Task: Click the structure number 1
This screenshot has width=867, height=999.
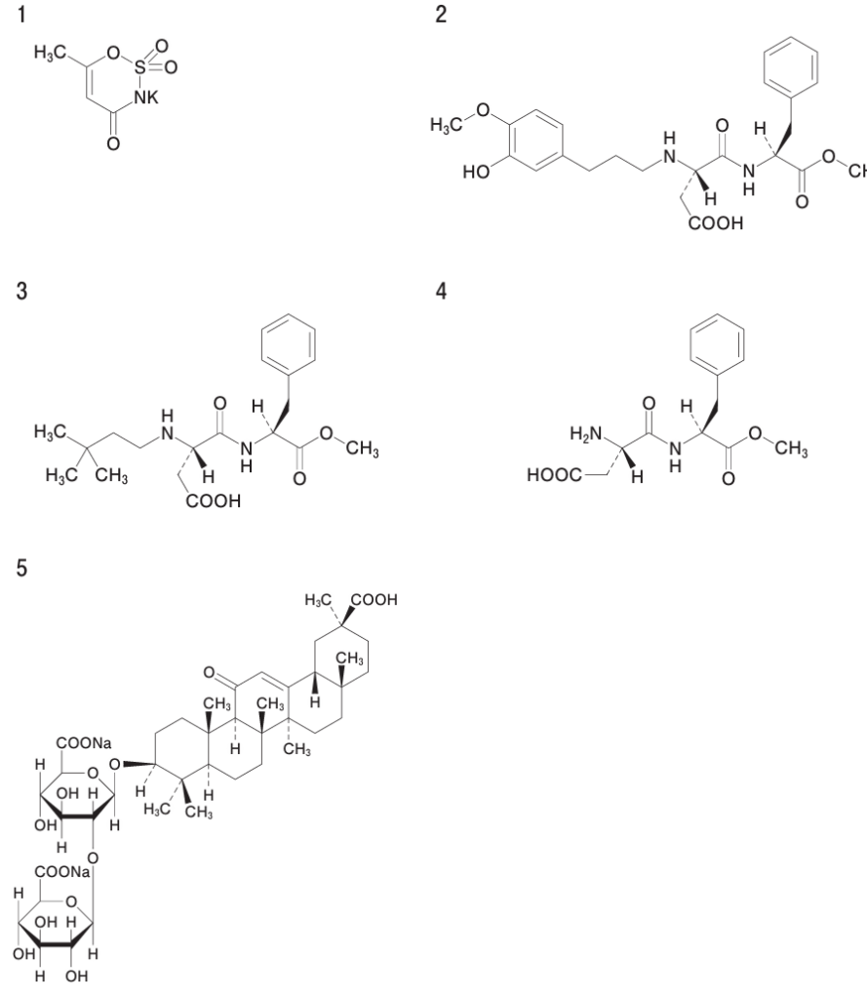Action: (21, 14)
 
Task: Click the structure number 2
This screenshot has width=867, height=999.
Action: (441, 14)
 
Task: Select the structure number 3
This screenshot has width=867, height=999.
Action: (21, 291)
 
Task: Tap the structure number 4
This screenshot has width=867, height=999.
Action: (441, 291)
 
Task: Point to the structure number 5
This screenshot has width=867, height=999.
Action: (21, 568)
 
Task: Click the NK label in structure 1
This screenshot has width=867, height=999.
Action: (146, 97)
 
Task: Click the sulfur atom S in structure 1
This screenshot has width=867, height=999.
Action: (140, 67)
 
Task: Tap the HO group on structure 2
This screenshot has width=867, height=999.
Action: (476, 172)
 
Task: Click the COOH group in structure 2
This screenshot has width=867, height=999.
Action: (716, 223)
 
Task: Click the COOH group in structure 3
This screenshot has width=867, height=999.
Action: (214, 501)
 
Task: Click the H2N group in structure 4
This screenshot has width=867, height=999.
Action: (585, 434)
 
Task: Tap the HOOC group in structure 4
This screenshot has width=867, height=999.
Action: (554, 475)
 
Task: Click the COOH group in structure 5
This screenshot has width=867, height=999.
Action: (374, 600)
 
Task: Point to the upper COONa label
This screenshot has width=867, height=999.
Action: (84, 742)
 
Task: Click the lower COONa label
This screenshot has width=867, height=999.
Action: (62, 871)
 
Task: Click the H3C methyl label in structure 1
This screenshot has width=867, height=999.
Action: (51, 53)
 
